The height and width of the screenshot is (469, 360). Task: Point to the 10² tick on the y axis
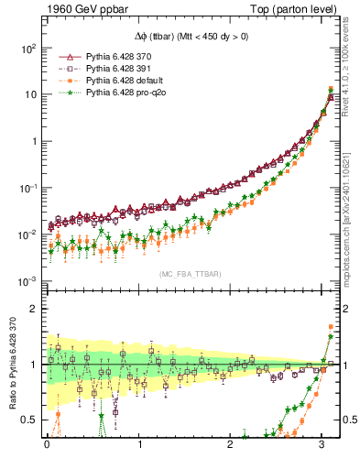(x=29, y=48)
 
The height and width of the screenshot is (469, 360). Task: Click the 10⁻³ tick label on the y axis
(x=29, y=281)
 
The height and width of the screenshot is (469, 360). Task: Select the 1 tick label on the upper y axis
(x=36, y=142)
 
